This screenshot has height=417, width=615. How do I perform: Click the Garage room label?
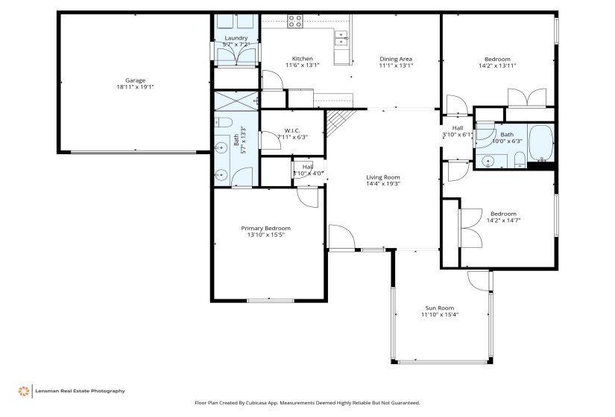pyautogui.click(x=135, y=80)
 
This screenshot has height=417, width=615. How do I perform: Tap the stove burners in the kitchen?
pyautogui.click(x=295, y=22)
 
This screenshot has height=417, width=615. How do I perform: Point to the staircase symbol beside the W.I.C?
pyautogui.click(x=339, y=121)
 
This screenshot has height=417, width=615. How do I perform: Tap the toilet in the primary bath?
pyautogui.click(x=224, y=123)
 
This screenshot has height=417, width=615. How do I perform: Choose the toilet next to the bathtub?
pyautogui.click(x=519, y=159)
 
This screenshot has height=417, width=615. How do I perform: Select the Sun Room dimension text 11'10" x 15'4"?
pyautogui.click(x=440, y=315)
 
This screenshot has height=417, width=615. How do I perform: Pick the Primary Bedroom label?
pyautogui.click(x=265, y=229)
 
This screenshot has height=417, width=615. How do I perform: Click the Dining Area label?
pyautogui.click(x=396, y=60)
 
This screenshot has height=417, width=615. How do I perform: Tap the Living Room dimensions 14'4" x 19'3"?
pyautogui.click(x=383, y=184)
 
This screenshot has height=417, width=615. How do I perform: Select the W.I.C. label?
pyautogui.click(x=291, y=130)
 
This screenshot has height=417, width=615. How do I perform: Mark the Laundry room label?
pyautogui.click(x=236, y=38)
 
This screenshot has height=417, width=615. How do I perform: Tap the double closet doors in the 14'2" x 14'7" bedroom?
pyautogui.click(x=469, y=218)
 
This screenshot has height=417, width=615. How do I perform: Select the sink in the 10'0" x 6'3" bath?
pyautogui.click(x=490, y=159)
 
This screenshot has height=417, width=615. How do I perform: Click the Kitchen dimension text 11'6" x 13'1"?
pyautogui.click(x=303, y=66)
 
